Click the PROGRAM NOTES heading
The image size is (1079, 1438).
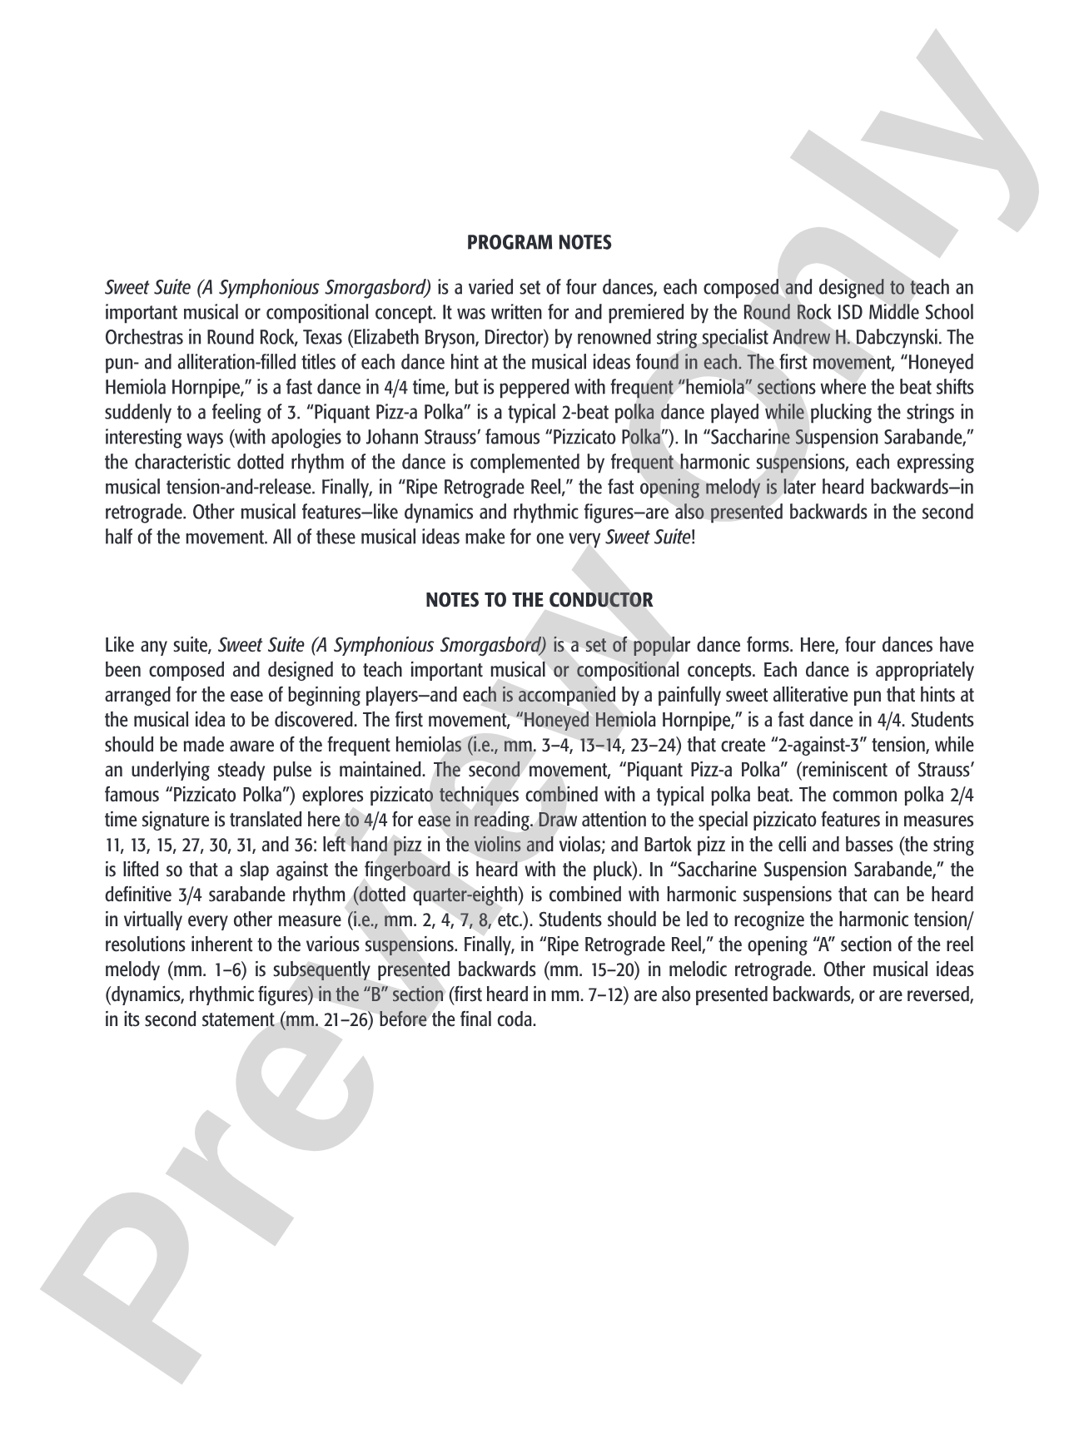click(539, 243)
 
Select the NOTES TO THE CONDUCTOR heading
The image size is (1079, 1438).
click(539, 600)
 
